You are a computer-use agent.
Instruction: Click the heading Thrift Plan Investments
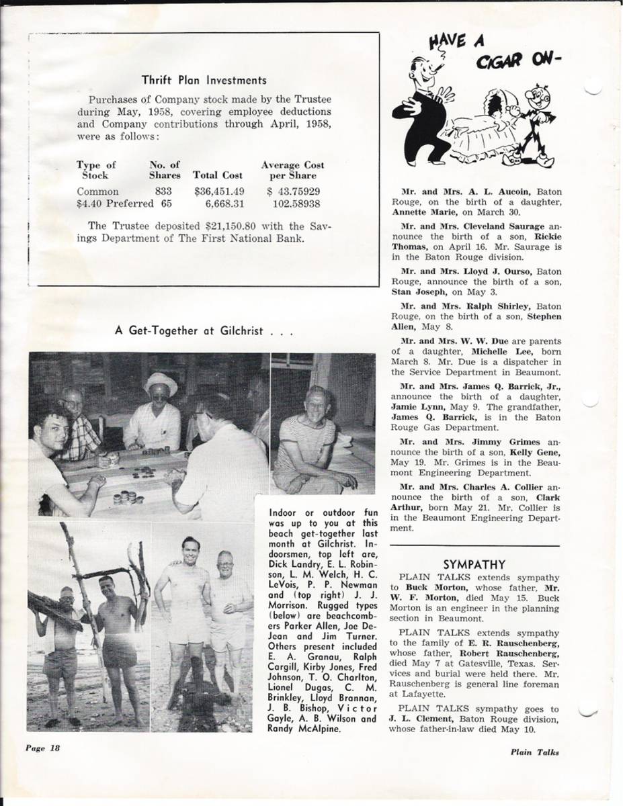click(x=204, y=81)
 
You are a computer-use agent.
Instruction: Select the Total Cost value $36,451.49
click(x=218, y=191)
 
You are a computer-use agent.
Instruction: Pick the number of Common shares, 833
click(x=163, y=191)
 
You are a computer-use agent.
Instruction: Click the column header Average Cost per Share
click(x=292, y=170)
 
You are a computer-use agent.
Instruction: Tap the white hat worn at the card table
click(x=161, y=384)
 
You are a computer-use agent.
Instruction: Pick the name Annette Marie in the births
click(x=419, y=211)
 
